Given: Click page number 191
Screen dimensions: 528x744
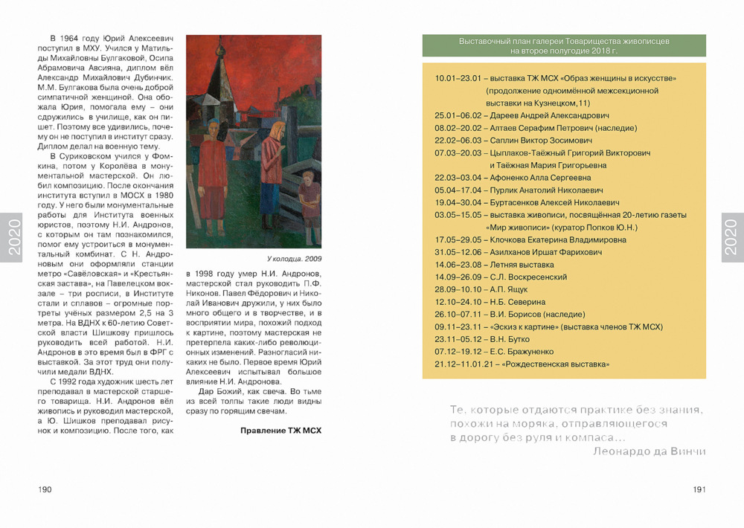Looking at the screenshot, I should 699,489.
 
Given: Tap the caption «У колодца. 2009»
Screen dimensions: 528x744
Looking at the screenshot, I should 294,259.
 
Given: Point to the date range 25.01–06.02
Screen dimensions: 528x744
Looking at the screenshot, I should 458,115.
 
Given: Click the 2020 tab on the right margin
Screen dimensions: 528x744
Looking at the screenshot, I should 732,238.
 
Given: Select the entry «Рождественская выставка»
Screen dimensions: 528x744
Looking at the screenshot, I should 557,364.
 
